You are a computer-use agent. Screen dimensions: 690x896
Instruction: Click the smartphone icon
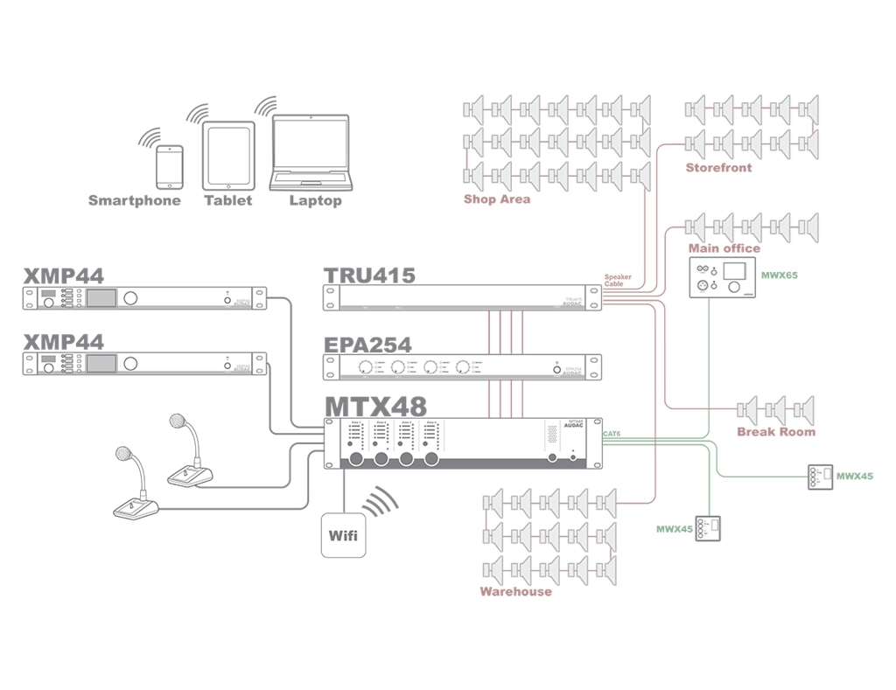pyautogui.click(x=170, y=167)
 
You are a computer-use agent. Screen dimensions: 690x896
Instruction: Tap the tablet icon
pyautogui.click(x=228, y=156)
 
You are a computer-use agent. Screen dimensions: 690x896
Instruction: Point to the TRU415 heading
pyautogui.click(x=369, y=275)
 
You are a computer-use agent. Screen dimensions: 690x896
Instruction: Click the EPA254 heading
pyautogui.click(x=367, y=344)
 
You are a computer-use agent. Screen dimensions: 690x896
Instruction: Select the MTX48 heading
pyautogui.click(x=376, y=406)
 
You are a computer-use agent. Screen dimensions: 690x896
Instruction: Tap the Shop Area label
pyautogui.click(x=497, y=199)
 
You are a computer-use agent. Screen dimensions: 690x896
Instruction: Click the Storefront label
pyautogui.click(x=718, y=168)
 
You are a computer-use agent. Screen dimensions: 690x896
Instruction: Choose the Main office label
pyautogui.click(x=724, y=248)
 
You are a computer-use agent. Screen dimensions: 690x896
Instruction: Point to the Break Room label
pyautogui.click(x=775, y=432)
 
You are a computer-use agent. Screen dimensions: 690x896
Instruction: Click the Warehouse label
pyautogui.click(x=515, y=592)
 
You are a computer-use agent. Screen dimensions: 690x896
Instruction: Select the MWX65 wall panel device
pyautogui.click(x=723, y=278)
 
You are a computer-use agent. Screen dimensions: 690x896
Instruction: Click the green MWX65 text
pyautogui.click(x=780, y=275)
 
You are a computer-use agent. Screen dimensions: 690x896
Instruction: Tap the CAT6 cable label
pyautogui.click(x=612, y=433)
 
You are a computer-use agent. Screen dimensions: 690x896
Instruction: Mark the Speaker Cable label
pyautogui.click(x=618, y=281)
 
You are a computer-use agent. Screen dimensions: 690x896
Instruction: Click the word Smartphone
pyautogui.click(x=135, y=201)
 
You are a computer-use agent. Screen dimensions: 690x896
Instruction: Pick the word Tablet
pyautogui.click(x=227, y=201)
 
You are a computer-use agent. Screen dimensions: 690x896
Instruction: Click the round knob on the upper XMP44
pyautogui.click(x=130, y=298)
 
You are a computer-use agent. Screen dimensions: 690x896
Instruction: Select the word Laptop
pyautogui.click(x=316, y=201)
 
